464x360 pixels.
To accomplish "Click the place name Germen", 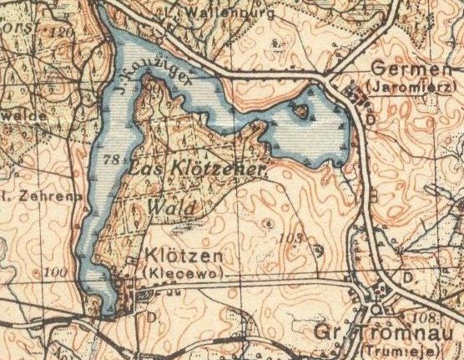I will (403, 68).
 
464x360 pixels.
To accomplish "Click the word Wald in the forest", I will (170, 206).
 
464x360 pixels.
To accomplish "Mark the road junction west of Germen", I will (325, 78).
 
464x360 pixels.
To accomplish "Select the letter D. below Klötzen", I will (153, 317).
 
